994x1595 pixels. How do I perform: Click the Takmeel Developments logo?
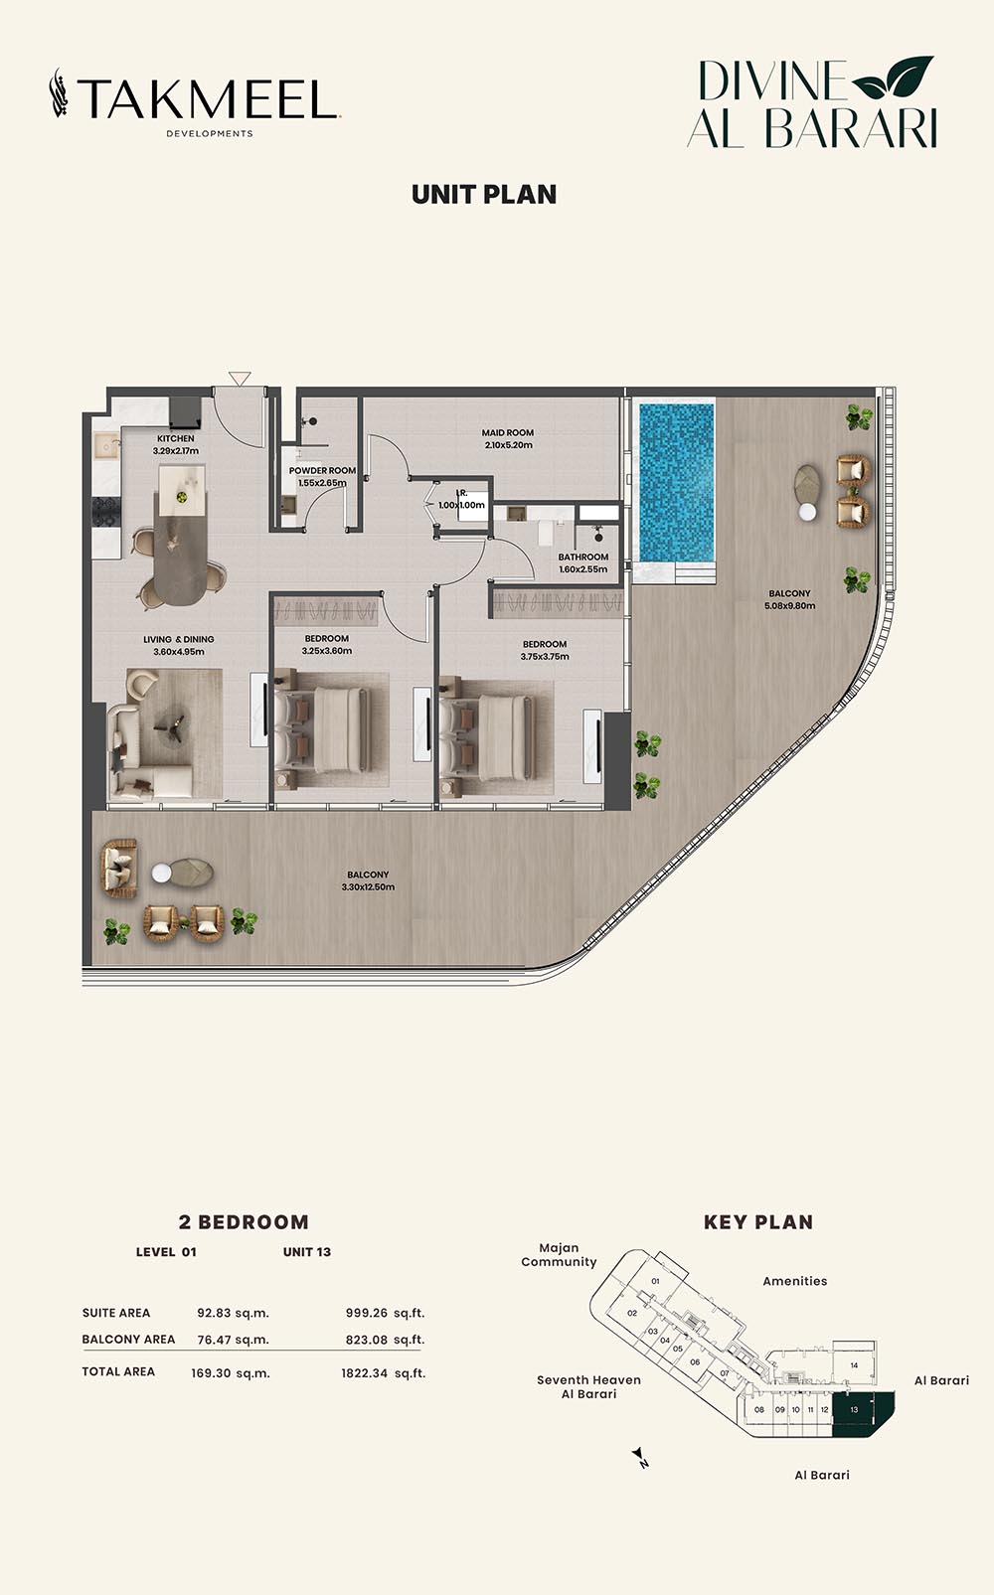point(195,102)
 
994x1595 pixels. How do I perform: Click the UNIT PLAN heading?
point(484,195)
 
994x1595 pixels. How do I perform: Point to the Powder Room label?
point(322,471)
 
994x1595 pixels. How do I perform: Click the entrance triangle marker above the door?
point(240,378)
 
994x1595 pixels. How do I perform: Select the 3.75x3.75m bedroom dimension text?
point(545,657)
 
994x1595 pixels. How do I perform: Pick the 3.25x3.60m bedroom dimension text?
point(327,651)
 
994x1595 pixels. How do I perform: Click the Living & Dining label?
point(179,639)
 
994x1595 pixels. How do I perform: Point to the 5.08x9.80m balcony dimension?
point(789,606)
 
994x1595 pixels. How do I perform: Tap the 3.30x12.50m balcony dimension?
point(368,887)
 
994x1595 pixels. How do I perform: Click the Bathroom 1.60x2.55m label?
point(583,563)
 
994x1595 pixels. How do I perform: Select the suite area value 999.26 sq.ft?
point(386,1313)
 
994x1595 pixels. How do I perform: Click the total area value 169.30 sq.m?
point(231,1373)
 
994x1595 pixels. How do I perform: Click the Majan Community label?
point(559,1255)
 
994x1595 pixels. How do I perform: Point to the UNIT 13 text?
point(307,1252)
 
